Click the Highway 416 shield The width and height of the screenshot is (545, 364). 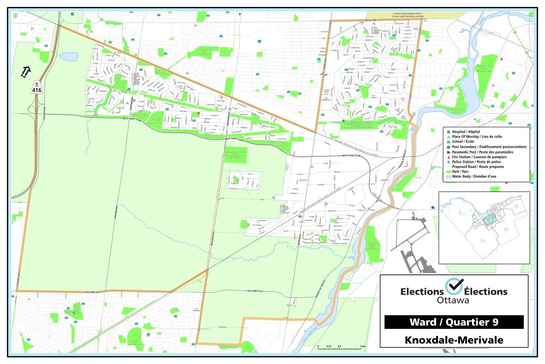coord(37,89)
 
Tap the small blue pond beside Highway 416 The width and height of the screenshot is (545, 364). coord(69,56)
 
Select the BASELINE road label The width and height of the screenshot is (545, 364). coord(371,21)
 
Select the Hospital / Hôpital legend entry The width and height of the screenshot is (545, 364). coord(466,132)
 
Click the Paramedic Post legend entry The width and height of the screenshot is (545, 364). coord(476,152)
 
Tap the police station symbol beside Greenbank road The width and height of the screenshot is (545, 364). coord(140,70)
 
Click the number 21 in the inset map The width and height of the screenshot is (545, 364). coord(483,241)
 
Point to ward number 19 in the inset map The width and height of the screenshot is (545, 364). coord(516,206)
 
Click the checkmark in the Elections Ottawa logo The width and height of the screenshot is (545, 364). coord(454,287)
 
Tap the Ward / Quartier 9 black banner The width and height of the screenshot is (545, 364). coord(454,322)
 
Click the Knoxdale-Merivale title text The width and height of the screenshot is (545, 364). coord(454,339)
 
